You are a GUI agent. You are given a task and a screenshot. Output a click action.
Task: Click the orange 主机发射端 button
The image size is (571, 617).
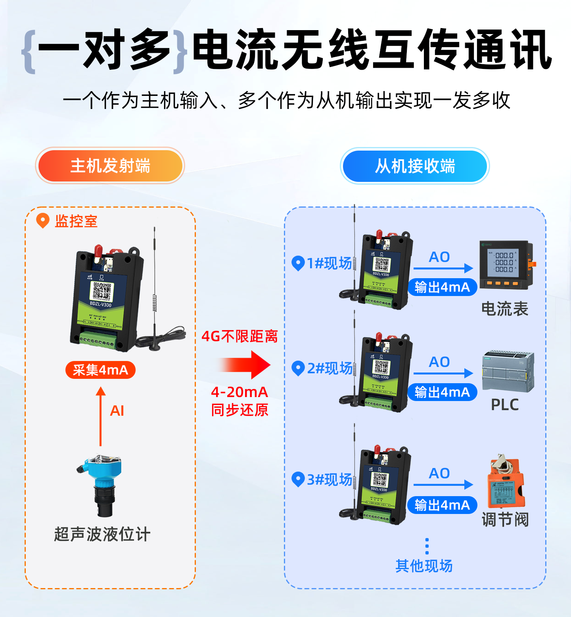(x=110, y=166)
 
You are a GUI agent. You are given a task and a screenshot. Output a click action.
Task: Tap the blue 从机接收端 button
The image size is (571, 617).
(x=415, y=166)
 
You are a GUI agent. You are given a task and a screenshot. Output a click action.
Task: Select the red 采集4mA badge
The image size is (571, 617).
(x=100, y=370)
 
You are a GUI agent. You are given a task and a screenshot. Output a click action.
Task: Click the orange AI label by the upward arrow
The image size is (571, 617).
(x=117, y=411)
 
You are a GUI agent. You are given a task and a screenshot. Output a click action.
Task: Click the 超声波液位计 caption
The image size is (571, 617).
(x=102, y=534)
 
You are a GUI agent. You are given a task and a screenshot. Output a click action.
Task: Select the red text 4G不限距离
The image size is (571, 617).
(x=240, y=336)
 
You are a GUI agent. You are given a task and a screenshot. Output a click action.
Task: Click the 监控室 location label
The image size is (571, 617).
(x=76, y=221)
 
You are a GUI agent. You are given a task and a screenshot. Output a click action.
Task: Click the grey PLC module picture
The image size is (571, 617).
(x=508, y=371)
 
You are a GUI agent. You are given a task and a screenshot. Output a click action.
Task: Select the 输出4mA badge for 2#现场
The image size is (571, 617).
(x=442, y=392)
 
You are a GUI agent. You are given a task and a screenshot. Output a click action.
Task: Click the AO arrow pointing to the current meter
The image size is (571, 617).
(x=443, y=268)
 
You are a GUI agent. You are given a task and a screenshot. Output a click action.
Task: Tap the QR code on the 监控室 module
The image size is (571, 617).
(x=102, y=291)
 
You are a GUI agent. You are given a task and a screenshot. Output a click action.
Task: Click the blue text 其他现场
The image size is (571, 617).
(x=424, y=566)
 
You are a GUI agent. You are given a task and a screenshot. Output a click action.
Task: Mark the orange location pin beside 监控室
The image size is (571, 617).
(x=42, y=220)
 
